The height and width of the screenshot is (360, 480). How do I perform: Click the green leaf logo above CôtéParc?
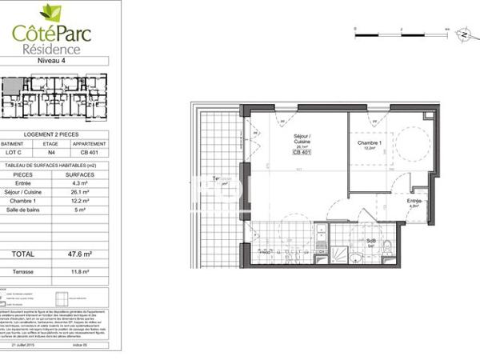(51, 12)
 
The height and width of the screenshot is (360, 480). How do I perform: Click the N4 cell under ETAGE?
(51, 152)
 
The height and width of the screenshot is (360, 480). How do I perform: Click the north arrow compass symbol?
(462, 34)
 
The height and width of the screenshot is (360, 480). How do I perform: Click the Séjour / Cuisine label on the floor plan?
(302, 138)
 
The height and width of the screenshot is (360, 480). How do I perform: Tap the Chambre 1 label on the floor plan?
(370, 143)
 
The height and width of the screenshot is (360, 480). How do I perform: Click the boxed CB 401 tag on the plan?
(302, 153)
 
